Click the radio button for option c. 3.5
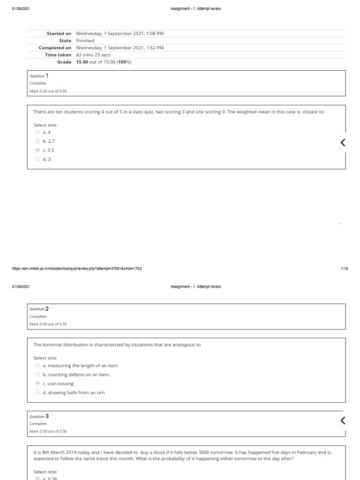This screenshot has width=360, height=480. click(x=37, y=150)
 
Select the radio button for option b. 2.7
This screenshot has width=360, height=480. click(x=37, y=141)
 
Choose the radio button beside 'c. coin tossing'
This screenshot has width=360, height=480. click(x=37, y=383)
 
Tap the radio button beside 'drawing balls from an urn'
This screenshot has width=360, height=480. click(x=37, y=392)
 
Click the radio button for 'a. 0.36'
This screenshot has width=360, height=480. click(x=37, y=478)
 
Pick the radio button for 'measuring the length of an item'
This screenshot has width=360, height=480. click(x=37, y=365)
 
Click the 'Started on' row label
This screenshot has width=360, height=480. click(x=59, y=34)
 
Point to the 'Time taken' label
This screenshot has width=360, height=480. click(x=58, y=55)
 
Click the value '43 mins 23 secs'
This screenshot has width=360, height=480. click(x=93, y=55)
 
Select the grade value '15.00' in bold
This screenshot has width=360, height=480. click(x=82, y=62)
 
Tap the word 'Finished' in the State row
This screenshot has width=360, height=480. click(x=85, y=41)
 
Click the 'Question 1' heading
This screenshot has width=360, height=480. click(x=39, y=75)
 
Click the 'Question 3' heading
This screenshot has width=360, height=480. click(x=39, y=416)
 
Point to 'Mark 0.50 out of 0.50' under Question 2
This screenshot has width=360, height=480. click(x=48, y=324)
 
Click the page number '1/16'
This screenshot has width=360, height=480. click(x=344, y=269)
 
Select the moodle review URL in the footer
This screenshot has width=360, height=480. click(x=77, y=269)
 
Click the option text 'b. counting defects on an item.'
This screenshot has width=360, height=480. click(x=76, y=375)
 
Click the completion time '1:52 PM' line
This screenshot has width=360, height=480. click(x=120, y=48)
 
